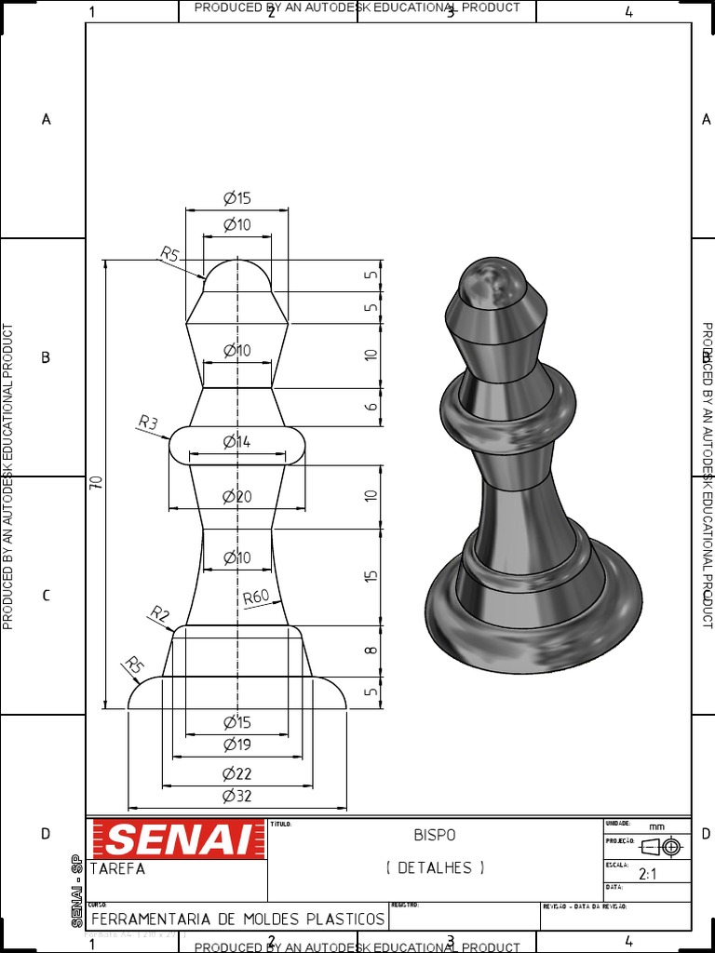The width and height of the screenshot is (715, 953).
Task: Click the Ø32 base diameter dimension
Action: pyautogui.click(x=236, y=797)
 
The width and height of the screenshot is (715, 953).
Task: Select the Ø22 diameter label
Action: pyautogui.click(x=236, y=773)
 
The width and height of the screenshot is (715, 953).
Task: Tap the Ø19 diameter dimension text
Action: pyautogui.click(x=236, y=745)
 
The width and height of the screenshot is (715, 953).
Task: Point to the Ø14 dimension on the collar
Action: pyautogui.click(x=236, y=442)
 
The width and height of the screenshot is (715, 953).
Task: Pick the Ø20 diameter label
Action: pyautogui.click(x=236, y=497)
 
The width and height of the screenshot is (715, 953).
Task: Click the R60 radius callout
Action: pyautogui.click(x=257, y=597)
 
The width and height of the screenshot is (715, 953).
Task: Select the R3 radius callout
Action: pyautogui.click(x=148, y=424)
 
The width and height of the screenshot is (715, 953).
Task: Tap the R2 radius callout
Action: pyautogui.click(x=160, y=614)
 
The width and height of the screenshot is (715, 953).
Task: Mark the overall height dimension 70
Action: pyautogui.click(x=96, y=482)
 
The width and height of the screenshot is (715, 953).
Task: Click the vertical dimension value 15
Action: pyautogui.click(x=371, y=576)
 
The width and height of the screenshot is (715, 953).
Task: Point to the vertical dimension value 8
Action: pyautogui.click(x=371, y=650)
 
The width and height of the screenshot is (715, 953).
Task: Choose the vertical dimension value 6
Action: pyautogui.click(x=371, y=407)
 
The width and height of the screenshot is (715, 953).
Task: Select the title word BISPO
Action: pyautogui.click(x=435, y=836)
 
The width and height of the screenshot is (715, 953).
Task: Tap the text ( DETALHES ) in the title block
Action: pyautogui.click(x=435, y=867)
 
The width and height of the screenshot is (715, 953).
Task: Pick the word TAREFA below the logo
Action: pyautogui.click(x=117, y=869)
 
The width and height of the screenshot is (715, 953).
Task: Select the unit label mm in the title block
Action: pyautogui.click(x=657, y=826)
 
